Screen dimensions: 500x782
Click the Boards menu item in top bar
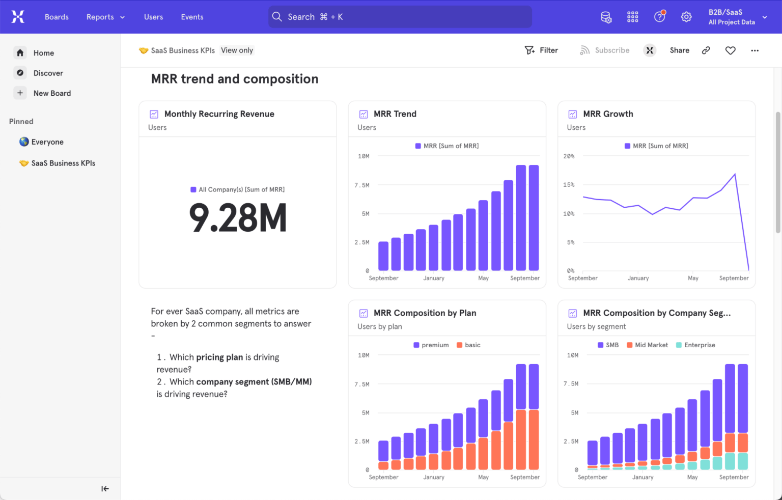(57, 17)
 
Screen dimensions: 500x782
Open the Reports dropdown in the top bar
(105, 17)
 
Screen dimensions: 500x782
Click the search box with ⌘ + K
(400, 17)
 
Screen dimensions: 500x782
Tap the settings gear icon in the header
(686, 17)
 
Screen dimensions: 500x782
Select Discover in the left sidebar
(48, 73)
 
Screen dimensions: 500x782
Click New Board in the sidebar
(52, 93)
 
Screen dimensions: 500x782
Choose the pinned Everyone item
(47, 142)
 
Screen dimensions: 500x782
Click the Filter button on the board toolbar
(542, 50)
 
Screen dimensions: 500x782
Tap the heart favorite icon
(730, 50)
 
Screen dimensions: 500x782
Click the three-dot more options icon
(755, 50)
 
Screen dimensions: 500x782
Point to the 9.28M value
(238, 218)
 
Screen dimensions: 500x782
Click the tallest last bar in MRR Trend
(534, 218)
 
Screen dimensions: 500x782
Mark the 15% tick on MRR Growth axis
(569, 185)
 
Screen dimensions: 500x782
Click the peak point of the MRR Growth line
(735, 175)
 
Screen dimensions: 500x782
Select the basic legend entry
(468, 345)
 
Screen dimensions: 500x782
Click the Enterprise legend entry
(695, 345)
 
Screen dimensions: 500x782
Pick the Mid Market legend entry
(647, 345)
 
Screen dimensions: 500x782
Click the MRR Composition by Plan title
(425, 313)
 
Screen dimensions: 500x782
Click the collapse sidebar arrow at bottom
(105, 489)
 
